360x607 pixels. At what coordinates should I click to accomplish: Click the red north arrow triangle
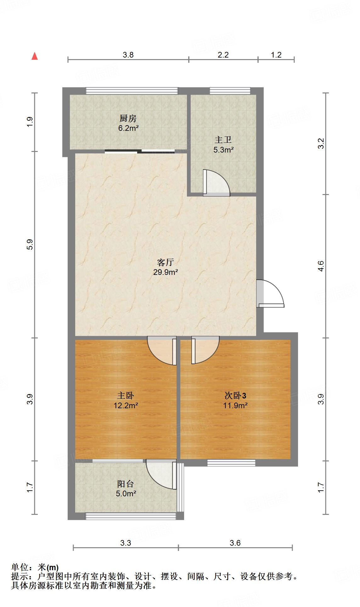35,56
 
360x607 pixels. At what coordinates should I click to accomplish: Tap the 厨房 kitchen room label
128,119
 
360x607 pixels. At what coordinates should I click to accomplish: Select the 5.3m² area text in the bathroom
223,150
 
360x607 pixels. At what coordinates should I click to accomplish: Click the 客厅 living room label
166,262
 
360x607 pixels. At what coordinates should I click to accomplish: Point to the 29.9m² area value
166,272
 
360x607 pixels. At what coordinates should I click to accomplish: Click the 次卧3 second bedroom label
235,395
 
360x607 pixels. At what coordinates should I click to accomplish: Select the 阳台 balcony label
126,484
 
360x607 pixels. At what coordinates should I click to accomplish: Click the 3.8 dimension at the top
128,55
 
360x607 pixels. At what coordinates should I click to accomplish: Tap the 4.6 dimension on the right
321,266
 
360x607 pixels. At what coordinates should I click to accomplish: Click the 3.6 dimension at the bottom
235,543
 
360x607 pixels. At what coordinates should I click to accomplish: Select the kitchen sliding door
139,151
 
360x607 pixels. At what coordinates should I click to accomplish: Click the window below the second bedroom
231,462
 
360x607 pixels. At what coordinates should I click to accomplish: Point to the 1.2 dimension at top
276,55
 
